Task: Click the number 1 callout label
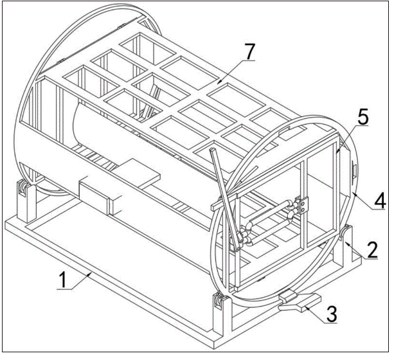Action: pyautogui.click(x=63, y=280)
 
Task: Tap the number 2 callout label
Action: pyautogui.click(x=372, y=249)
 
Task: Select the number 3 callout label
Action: pyautogui.click(x=332, y=314)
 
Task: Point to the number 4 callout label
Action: pyautogui.click(x=380, y=201)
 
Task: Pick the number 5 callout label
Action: pyautogui.click(x=363, y=116)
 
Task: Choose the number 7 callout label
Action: pyautogui.click(x=249, y=51)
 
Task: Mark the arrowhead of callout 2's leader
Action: pyautogui.click(x=346, y=242)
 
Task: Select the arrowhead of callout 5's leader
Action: pyautogui.click(x=337, y=151)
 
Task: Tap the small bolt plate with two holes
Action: pyautogui.click(x=304, y=206)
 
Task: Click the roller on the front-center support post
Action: pyautogui.click(x=218, y=300)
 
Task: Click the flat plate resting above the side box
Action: pyautogui.click(x=136, y=173)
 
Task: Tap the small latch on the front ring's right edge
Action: pyautogui.click(x=354, y=171)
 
